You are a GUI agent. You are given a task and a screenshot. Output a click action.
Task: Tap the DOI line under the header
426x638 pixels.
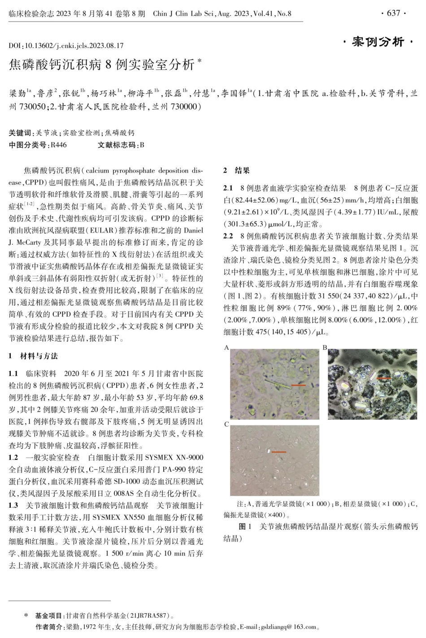click(66, 45)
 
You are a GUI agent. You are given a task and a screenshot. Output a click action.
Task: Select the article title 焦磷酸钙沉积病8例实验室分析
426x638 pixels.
click(102, 65)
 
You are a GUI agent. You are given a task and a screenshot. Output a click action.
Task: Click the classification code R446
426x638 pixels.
click(58, 145)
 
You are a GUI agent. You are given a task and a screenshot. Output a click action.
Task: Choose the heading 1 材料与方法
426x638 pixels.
click(34, 356)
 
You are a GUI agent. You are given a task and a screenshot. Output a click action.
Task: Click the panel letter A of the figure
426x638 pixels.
click(226, 348)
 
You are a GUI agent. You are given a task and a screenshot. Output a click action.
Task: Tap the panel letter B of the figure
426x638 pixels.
click(325, 348)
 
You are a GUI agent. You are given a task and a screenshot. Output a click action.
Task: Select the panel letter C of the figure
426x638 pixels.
click(226, 424)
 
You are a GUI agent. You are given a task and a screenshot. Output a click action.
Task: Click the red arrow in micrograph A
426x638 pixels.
click(298, 385)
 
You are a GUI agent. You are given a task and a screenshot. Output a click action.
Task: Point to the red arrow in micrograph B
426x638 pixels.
click(383, 378)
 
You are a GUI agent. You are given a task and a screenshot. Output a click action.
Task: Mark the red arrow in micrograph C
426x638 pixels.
click(278, 452)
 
